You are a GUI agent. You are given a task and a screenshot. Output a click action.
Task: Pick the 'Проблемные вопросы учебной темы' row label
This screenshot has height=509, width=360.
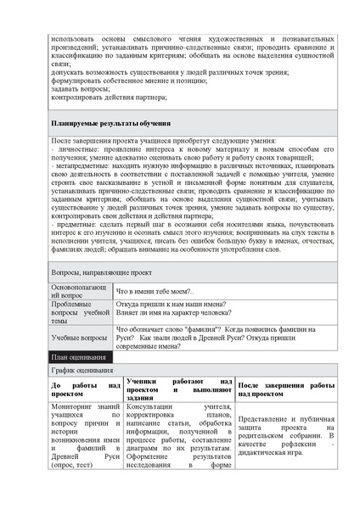click(79, 312)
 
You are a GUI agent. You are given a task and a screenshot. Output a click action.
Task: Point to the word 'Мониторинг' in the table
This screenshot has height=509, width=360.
click(74, 407)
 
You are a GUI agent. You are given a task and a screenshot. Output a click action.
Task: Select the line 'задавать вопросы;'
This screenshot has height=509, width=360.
click(78, 88)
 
